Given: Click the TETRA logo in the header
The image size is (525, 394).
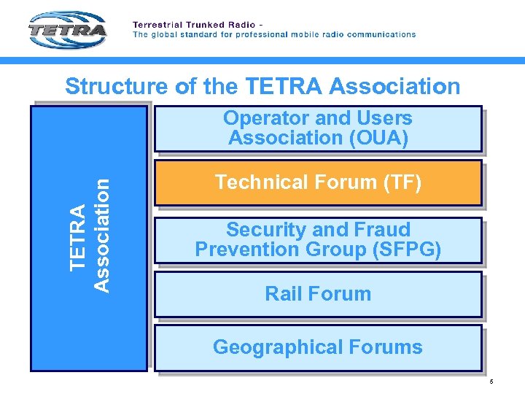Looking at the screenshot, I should coord(68,31).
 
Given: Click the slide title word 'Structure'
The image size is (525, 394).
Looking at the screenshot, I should coord(117,87).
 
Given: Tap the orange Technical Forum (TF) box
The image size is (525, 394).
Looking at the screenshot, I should coord(318,183).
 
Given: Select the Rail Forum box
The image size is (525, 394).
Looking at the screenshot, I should coord(318,295).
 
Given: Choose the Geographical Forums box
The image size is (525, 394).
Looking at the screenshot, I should coord(318,347).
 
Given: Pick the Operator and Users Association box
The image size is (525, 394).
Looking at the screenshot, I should coord(318,128).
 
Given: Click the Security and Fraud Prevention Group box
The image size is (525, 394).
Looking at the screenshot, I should coord(318,240).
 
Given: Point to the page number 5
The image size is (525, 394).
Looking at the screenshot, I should coord(491,382).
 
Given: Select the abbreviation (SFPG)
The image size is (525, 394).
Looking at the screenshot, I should coord(406,250).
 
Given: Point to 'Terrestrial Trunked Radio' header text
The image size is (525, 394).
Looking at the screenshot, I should coord(188,24).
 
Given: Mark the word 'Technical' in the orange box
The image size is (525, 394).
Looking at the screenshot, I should coord(260,182).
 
